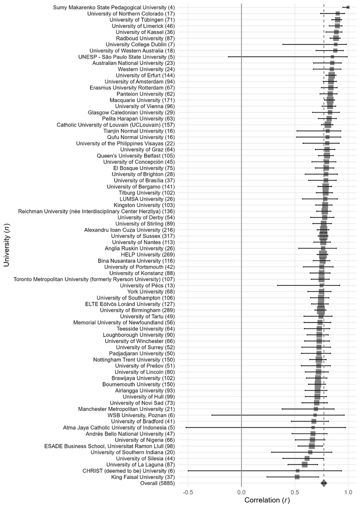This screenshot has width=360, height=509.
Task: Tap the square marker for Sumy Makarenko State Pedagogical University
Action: (x=348, y=7)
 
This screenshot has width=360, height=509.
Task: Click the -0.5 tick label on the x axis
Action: (x=188, y=492)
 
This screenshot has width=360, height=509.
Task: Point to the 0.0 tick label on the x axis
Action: (x=241, y=492)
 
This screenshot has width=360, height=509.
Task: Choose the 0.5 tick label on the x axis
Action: (x=295, y=492)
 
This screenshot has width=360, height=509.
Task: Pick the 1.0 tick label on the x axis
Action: (x=348, y=492)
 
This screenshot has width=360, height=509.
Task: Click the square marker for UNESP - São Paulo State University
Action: (x=332, y=56)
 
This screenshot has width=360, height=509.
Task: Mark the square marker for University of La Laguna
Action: (x=304, y=464)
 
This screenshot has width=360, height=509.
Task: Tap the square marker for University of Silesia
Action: (x=307, y=458)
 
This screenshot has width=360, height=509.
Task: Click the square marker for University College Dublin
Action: (x=335, y=44)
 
